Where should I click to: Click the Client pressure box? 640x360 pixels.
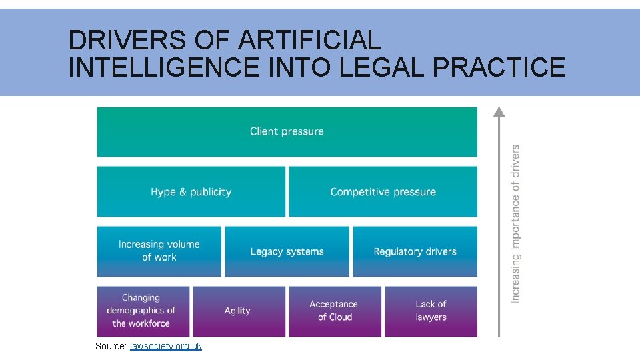click(x=287, y=132)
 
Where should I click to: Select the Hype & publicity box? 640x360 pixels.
click(x=191, y=192)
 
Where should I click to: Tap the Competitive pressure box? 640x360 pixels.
click(x=383, y=192)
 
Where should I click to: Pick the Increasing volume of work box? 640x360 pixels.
click(x=159, y=251)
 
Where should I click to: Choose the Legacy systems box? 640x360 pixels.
click(x=287, y=251)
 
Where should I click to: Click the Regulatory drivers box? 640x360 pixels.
click(x=415, y=251)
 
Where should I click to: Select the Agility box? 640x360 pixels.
click(x=239, y=311)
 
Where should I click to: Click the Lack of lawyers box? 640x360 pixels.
click(x=431, y=311)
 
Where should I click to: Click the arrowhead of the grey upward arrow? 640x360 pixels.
click(x=499, y=111)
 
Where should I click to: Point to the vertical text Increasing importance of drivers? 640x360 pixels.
click(x=515, y=223)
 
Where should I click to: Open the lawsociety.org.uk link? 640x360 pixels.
click(x=165, y=346)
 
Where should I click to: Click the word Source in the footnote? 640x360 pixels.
click(x=109, y=346)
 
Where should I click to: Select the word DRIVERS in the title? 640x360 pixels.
click(x=127, y=41)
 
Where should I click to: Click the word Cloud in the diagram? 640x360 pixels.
click(x=340, y=317)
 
